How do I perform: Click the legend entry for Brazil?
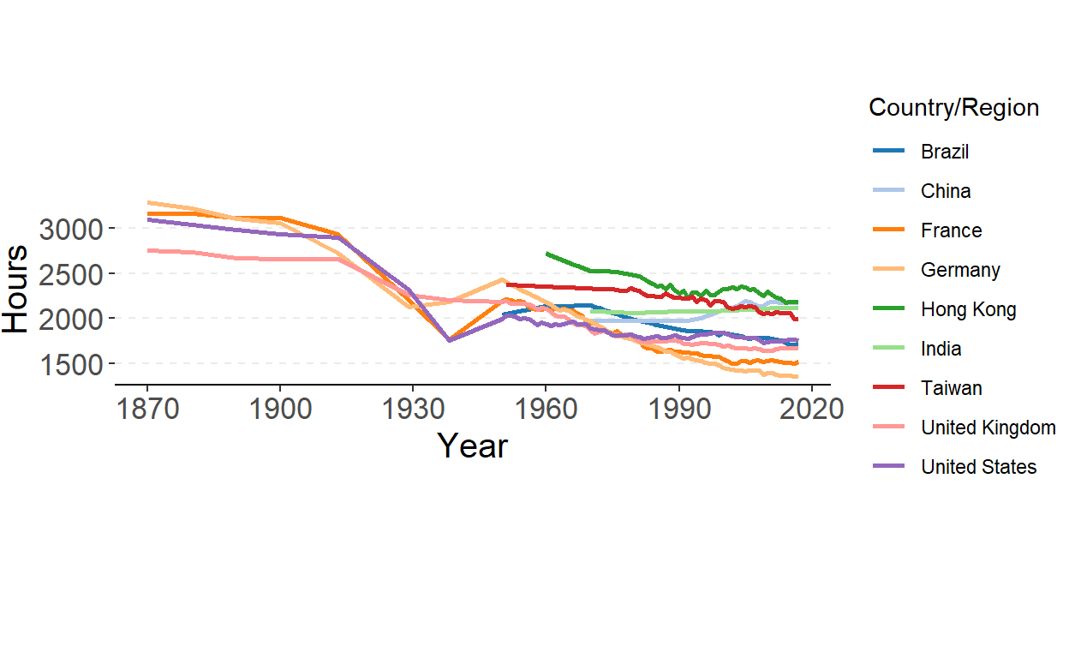(945, 152)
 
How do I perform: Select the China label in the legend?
(946, 191)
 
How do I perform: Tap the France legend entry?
(951, 230)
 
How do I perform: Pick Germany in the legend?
(960, 270)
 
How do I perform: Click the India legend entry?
(941, 349)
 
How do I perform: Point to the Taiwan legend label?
(951, 388)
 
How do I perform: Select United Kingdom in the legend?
(988, 428)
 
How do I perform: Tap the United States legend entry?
(978, 467)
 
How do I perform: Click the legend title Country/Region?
(953, 108)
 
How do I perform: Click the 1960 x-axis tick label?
(546, 409)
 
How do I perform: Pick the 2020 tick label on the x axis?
(811, 409)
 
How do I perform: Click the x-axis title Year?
(472, 446)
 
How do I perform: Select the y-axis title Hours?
(15, 290)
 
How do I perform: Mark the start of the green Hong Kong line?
(546, 253)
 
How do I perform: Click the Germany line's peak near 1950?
(503, 279)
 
